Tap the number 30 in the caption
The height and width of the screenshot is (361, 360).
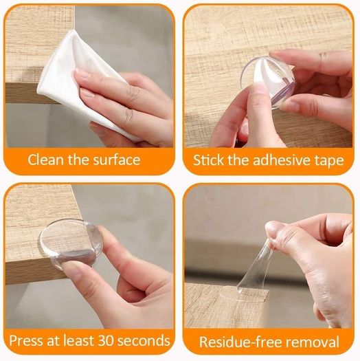[x=106, y=340]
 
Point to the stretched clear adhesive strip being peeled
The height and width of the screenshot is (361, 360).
[x=256, y=270]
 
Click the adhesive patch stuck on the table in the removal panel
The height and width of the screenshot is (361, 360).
[x=244, y=295]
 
